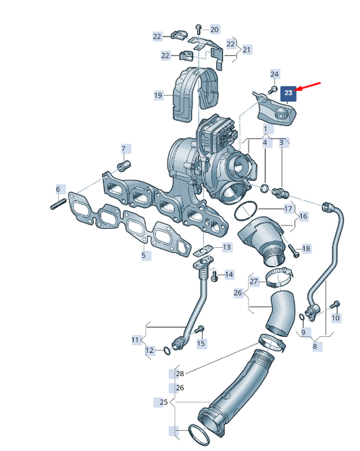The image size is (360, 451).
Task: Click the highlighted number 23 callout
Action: [x=288, y=92]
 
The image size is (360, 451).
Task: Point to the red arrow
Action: [x=308, y=87]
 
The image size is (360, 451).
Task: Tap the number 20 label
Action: [x=215, y=29]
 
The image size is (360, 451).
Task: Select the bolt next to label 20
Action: [x=199, y=30]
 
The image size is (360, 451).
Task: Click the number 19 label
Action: [x=158, y=95]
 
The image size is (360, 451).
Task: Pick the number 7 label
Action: [x=124, y=149]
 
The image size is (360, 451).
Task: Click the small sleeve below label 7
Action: [x=124, y=165]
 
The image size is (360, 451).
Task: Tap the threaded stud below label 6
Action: [x=58, y=205]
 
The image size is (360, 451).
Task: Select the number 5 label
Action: [x=144, y=255]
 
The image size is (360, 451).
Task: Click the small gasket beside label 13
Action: [x=203, y=250]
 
